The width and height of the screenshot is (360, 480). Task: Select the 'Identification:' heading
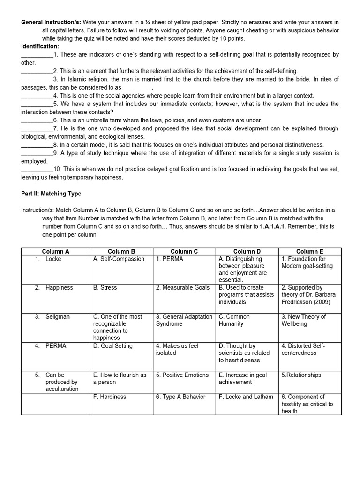point(40,46)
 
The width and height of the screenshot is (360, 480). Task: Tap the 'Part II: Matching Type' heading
point(51,194)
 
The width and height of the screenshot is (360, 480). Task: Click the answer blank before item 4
point(37,96)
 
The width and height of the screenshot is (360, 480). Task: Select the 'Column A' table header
point(55,251)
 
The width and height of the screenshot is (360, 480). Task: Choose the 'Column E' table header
point(309,251)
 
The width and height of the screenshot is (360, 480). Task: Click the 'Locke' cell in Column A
point(53,259)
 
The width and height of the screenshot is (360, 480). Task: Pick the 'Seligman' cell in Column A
point(57,317)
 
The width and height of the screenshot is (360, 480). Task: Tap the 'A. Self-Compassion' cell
point(119,259)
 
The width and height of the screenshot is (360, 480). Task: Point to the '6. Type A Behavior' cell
point(180,397)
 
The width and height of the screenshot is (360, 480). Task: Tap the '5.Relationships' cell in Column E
point(301,375)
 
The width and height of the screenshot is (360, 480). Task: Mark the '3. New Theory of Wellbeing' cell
point(303,320)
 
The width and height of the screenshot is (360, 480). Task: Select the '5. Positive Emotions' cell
point(182,375)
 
